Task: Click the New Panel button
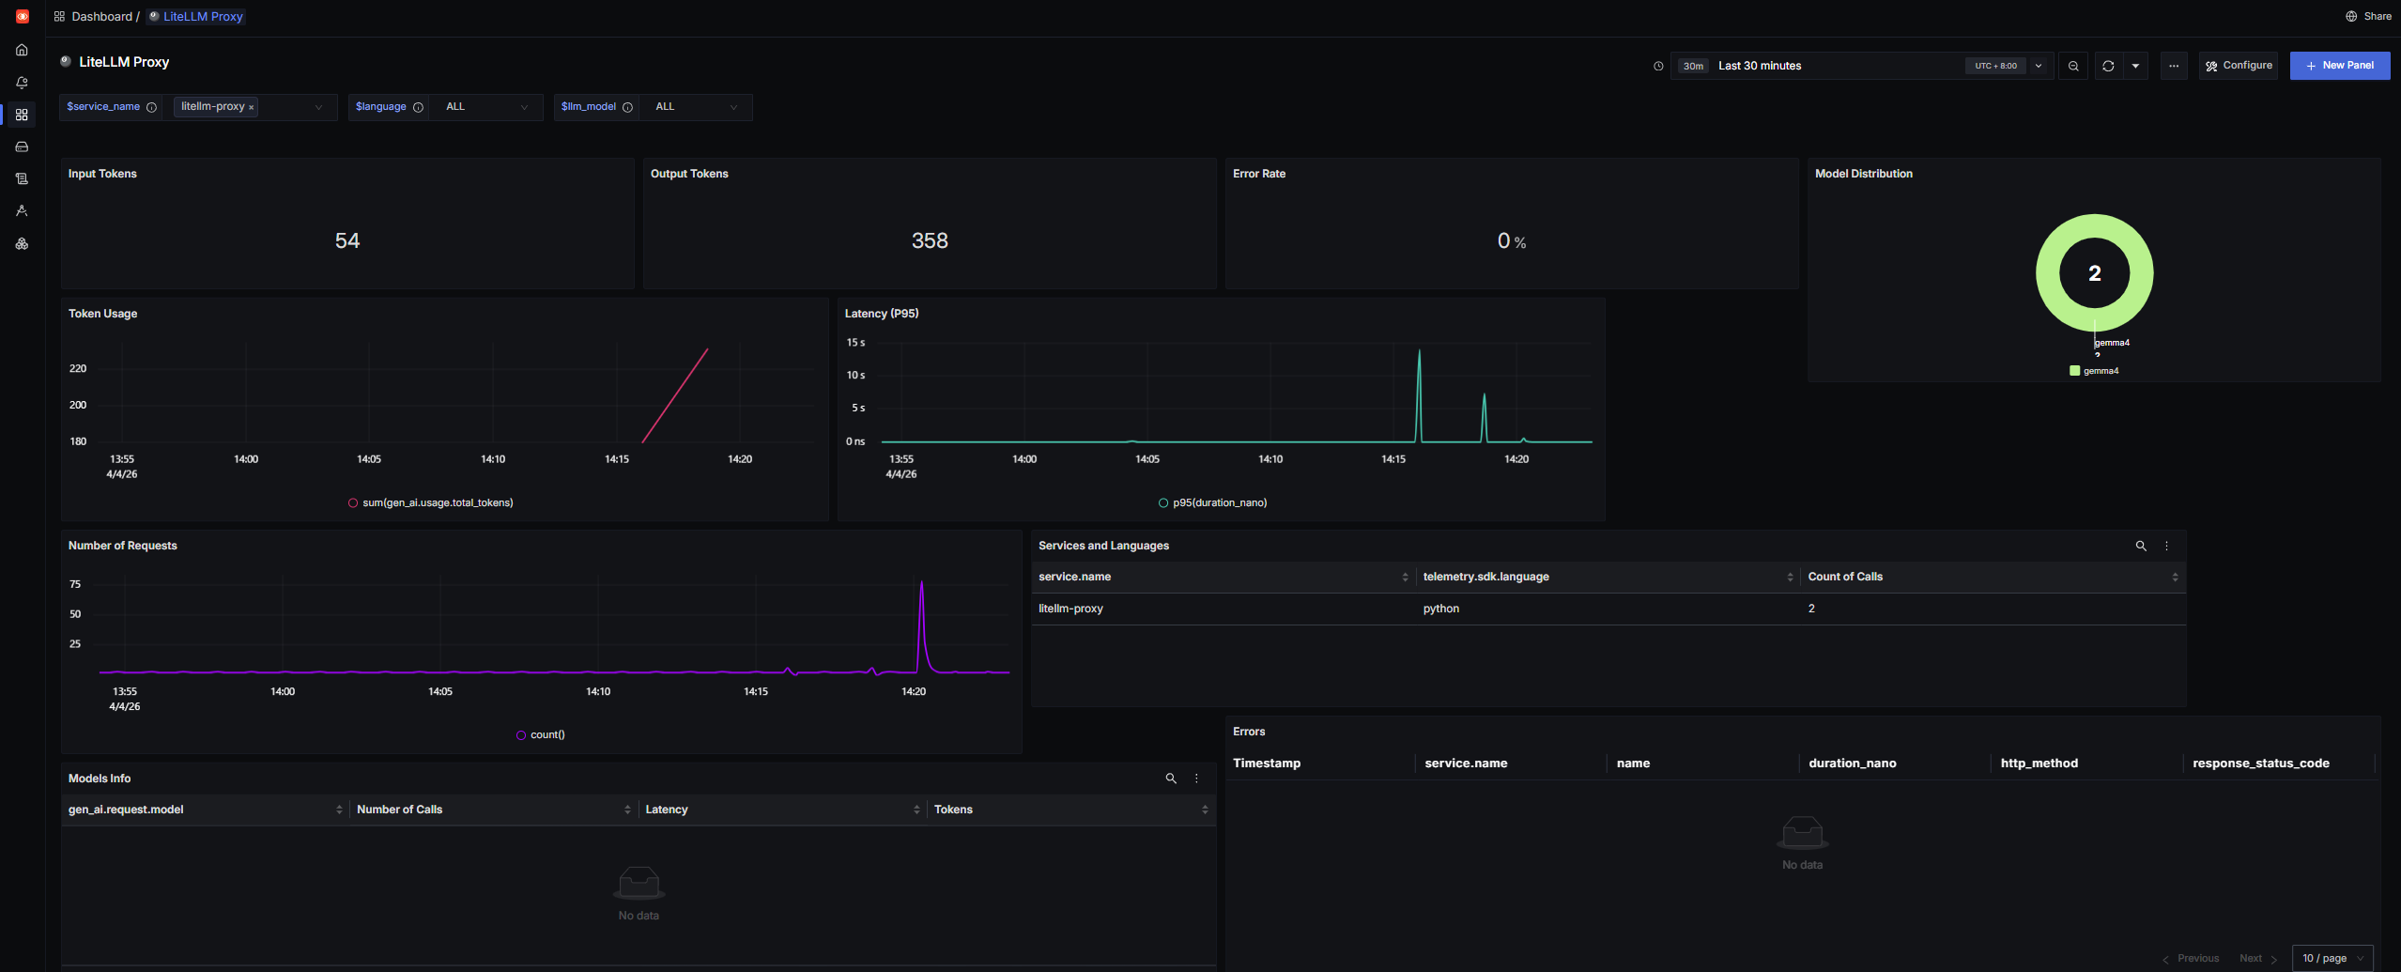coord(2339,66)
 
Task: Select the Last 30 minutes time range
coord(1759,66)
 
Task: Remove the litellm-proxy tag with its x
coord(252,108)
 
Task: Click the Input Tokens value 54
coord(347,240)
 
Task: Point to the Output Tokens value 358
coord(930,240)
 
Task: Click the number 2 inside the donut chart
coord(2094,273)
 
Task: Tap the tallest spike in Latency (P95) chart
coord(1419,353)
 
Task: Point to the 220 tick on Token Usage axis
coord(78,369)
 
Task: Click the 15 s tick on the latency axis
coord(855,343)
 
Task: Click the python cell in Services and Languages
coord(1440,609)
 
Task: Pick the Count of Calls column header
coord(1844,577)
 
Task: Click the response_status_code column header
coord(2260,764)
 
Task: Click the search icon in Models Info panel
coord(1171,779)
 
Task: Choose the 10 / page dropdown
coord(2332,958)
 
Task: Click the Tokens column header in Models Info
coord(953,810)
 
